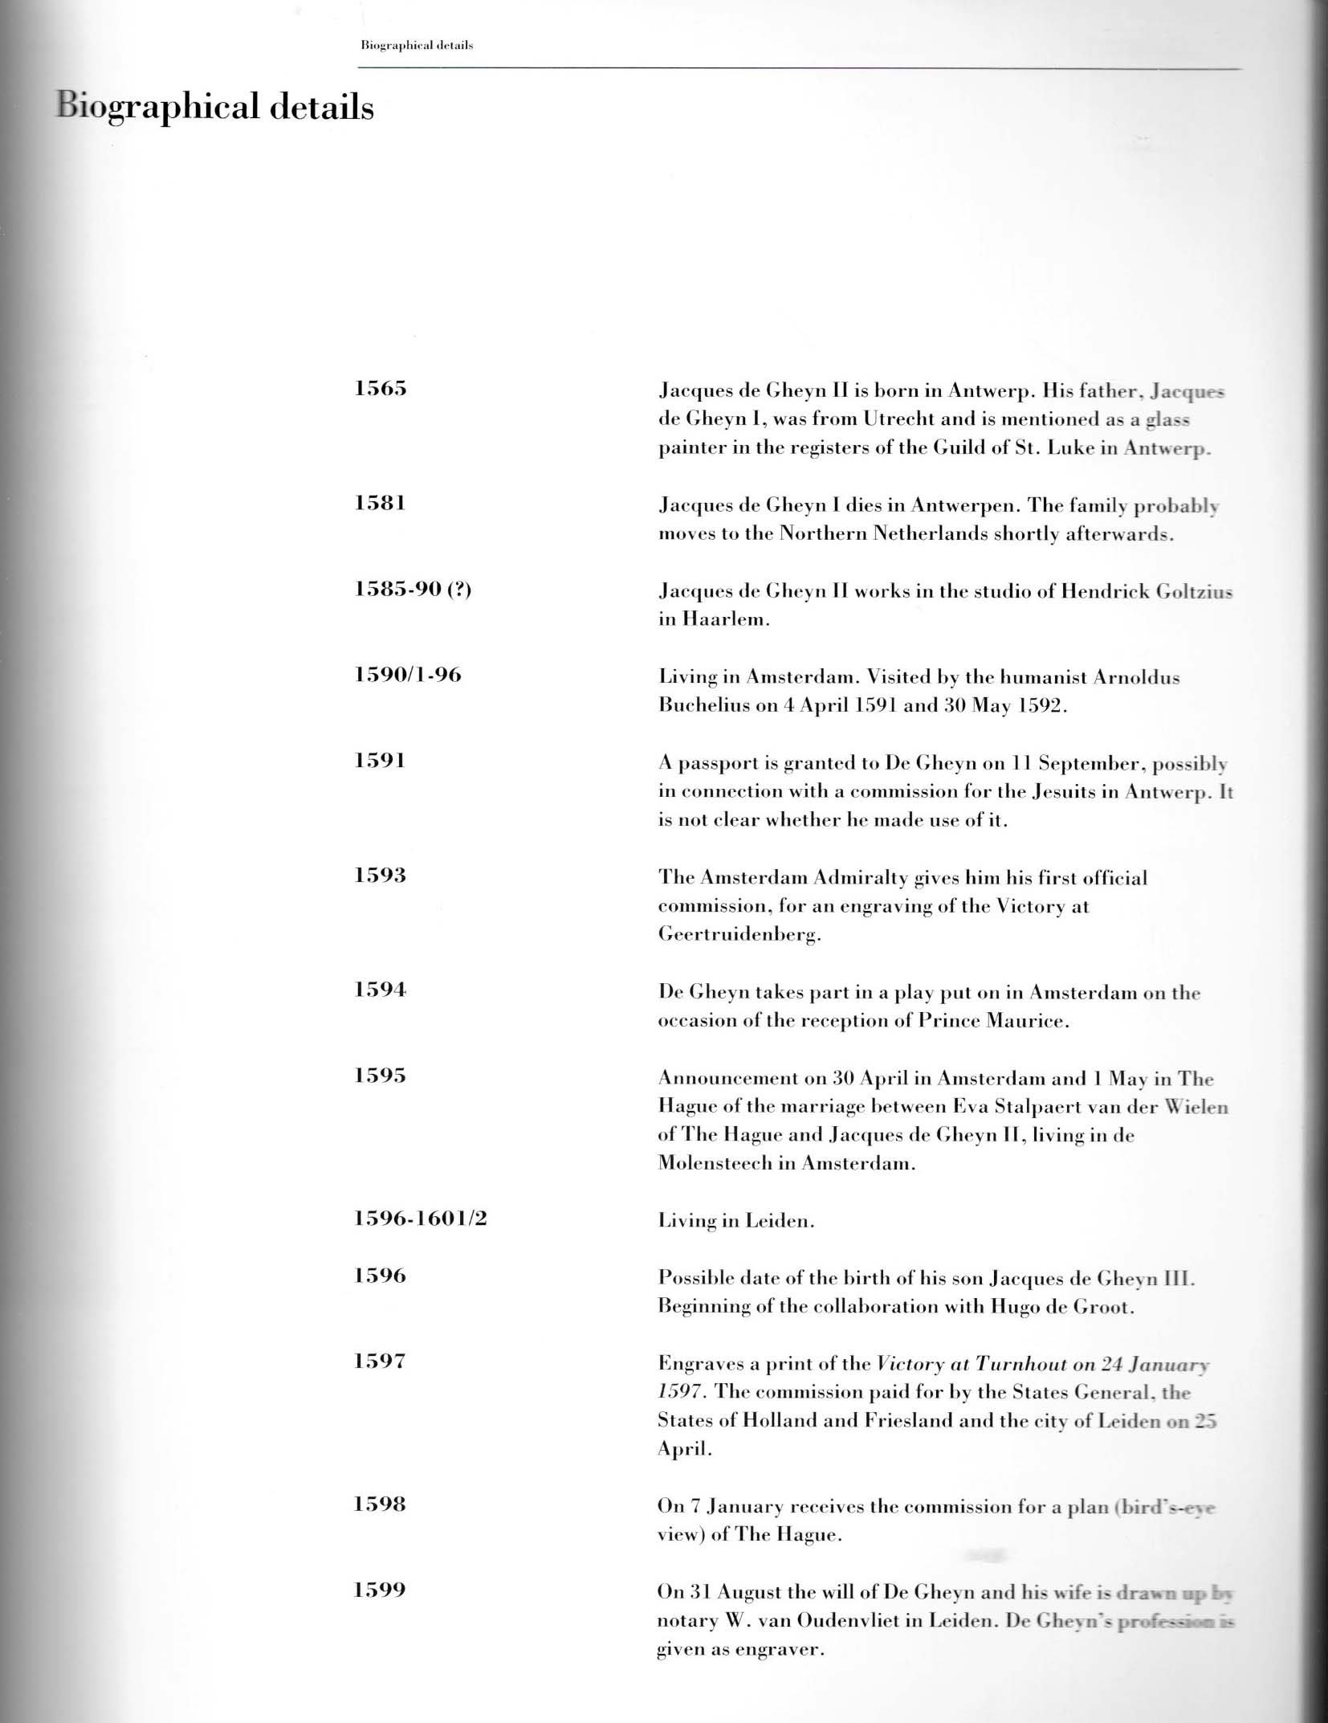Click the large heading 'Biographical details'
(214, 108)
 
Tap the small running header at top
(417, 45)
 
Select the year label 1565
(381, 389)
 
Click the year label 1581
(380, 503)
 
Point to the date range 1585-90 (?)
(413, 589)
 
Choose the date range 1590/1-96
(408, 675)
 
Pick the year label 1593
(381, 875)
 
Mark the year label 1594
(381, 990)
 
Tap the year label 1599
(380, 1590)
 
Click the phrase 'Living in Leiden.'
(736, 1221)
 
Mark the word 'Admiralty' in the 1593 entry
(861, 877)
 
